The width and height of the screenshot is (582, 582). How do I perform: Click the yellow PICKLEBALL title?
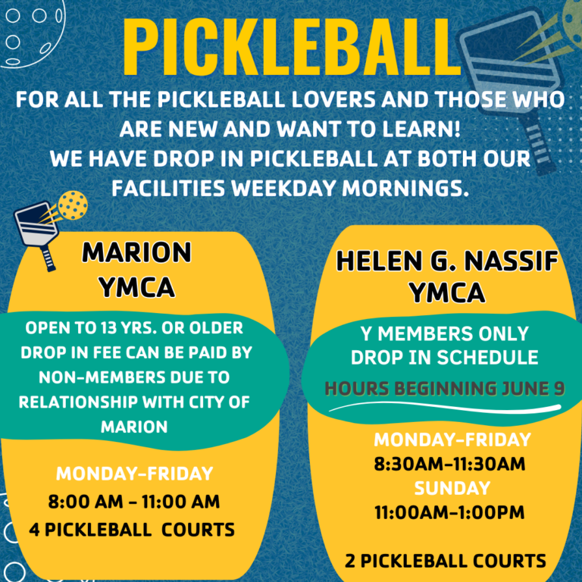292,46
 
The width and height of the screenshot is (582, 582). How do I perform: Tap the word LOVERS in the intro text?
333,99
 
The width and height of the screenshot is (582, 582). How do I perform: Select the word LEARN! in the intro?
421,129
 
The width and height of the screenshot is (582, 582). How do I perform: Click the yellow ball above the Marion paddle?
73,205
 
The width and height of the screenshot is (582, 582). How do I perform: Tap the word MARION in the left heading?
136,253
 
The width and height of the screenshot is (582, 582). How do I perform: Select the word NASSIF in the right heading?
511,261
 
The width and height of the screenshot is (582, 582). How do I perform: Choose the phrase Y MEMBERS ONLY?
445,333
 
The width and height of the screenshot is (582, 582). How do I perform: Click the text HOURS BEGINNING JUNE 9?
445,389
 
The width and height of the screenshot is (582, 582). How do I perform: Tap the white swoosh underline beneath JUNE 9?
445,407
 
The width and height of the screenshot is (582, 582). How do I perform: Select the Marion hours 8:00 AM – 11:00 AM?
134,502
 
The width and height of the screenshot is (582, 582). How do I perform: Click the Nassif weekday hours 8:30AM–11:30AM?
449,464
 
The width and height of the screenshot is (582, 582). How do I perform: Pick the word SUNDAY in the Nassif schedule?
452,488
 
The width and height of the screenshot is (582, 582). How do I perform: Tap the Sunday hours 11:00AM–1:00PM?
449,512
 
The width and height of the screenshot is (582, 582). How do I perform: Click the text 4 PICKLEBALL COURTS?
132,530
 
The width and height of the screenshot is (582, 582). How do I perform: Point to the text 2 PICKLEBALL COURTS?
446,561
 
